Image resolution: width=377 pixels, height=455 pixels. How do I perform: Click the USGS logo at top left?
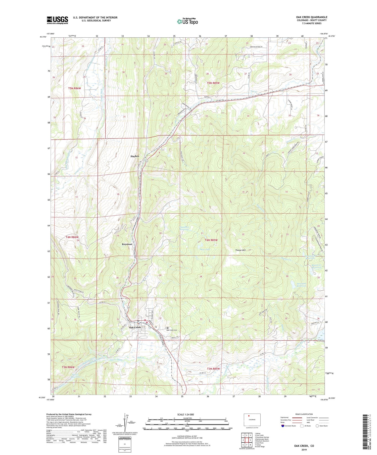click(57, 20)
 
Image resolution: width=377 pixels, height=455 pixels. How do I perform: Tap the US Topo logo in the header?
click(187, 22)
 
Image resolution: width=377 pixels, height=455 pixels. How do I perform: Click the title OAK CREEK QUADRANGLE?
click(311, 17)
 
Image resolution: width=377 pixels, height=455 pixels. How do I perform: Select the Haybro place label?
click(135, 156)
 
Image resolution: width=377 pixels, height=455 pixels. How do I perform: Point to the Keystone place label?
click(127, 244)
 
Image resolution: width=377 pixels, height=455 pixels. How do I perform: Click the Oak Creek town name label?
click(135, 328)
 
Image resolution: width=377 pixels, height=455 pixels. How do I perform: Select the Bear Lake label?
click(205, 249)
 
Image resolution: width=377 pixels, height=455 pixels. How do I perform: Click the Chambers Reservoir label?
click(184, 228)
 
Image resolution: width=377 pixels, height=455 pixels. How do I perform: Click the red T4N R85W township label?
click(211, 240)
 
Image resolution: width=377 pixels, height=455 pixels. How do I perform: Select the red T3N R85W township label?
click(213, 369)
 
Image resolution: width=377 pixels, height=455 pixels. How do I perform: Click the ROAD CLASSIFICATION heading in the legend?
click(304, 414)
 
